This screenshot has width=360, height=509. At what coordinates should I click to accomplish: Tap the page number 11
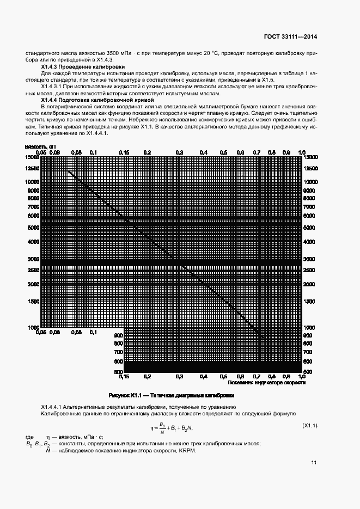pyautogui.click(x=314, y=463)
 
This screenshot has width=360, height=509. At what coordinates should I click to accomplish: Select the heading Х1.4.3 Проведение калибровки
pyautogui.click(x=80, y=66)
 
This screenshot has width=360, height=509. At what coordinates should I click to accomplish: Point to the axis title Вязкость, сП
pyautogui.click(x=41, y=146)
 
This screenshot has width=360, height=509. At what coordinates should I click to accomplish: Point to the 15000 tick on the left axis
pyautogui.click(x=33, y=157)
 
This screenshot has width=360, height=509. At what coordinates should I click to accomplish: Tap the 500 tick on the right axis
pyautogui.click(x=308, y=372)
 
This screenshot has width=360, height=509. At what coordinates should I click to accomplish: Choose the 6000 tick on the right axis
pyautogui.click(x=308, y=216)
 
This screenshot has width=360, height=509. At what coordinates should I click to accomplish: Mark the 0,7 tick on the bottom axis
pyautogui.click(x=257, y=376)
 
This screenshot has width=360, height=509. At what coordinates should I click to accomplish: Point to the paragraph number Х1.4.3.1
pyautogui.click(x=53, y=87)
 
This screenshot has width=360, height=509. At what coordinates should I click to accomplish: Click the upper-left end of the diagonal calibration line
pyautogui.click(x=68, y=170)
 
